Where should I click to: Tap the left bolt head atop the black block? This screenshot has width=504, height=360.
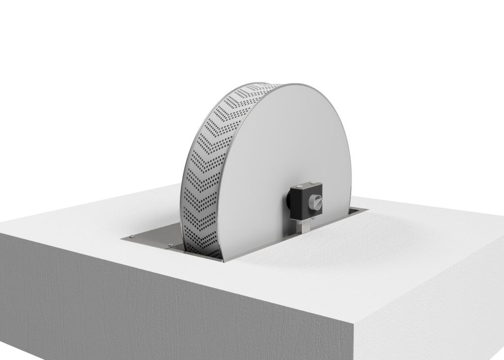pos(301,186)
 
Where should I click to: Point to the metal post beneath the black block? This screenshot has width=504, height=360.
pos(306,227)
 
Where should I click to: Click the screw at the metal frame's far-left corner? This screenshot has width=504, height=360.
pos(131,238)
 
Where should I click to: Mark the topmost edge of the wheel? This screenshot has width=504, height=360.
pos(290,84)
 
